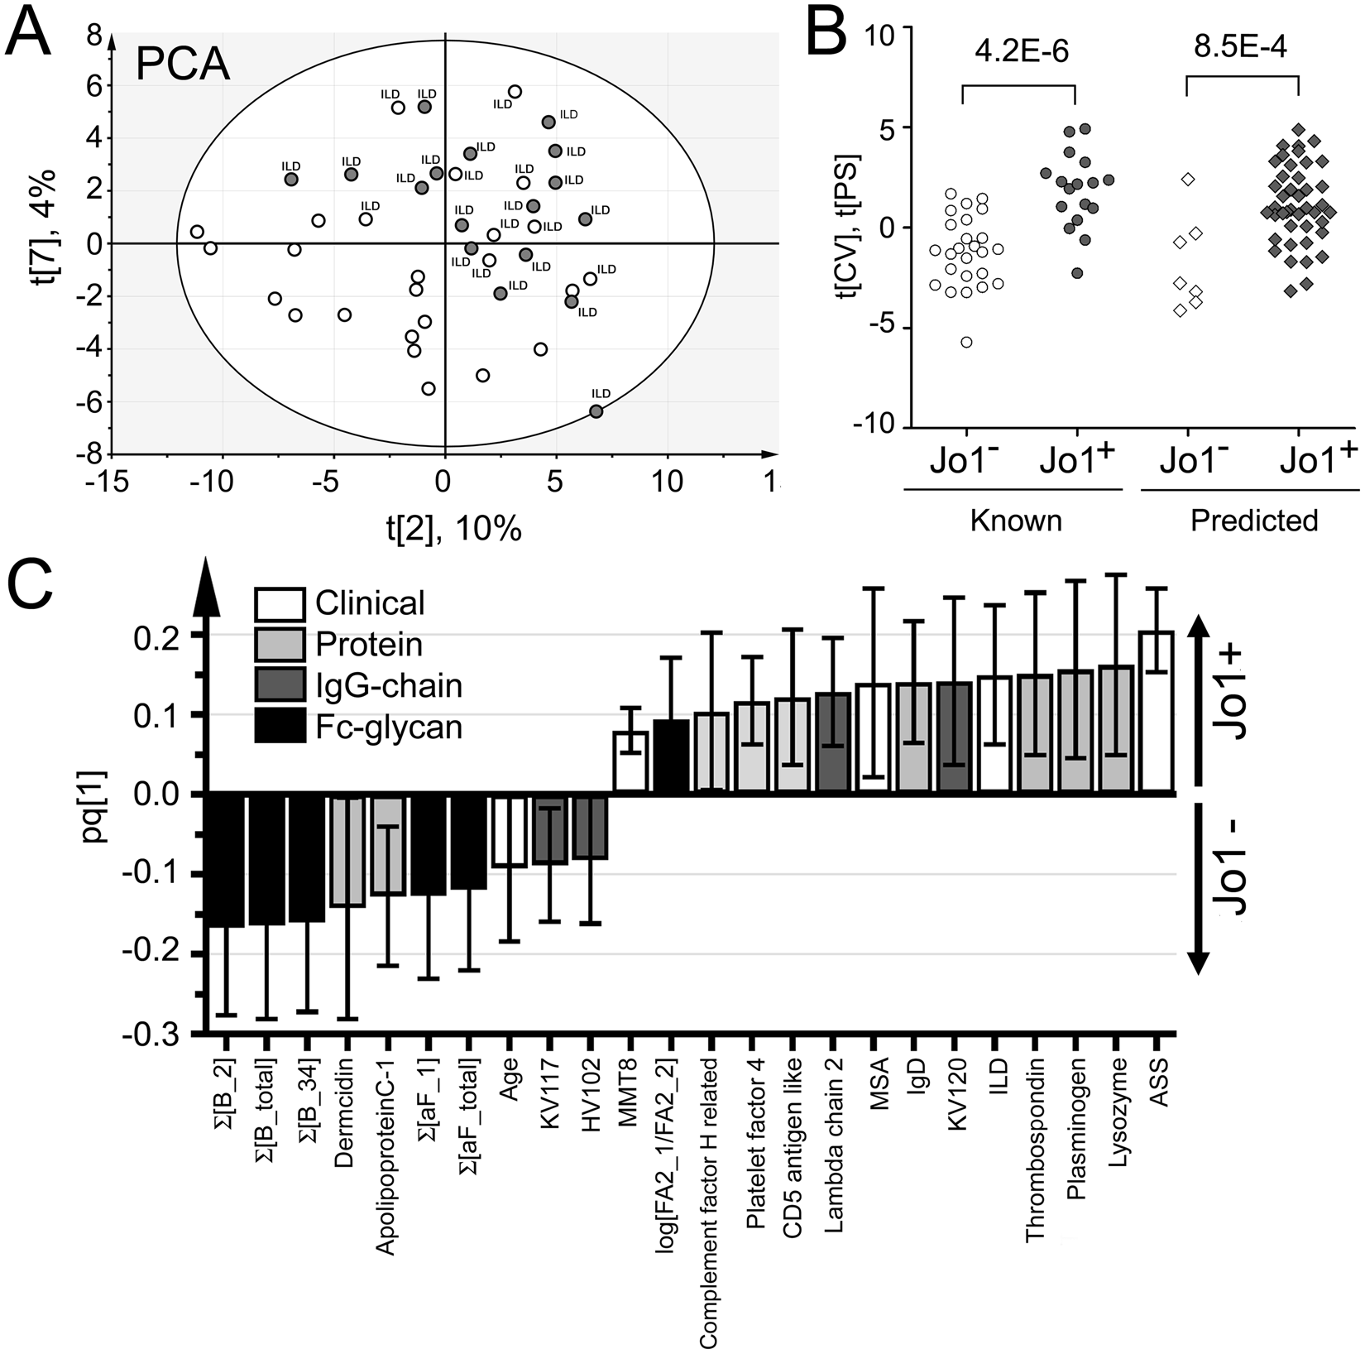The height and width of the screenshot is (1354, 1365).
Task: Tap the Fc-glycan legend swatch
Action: coord(280,726)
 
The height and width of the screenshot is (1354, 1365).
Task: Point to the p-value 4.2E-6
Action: coord(1021,51)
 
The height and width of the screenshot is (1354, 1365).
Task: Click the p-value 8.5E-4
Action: coord(1241,45)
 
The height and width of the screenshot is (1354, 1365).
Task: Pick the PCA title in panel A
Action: coord(183,64)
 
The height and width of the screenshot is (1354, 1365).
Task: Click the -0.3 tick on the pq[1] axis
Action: coord(156,1033)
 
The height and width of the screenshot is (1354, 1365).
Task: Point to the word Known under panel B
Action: coord(1015,521)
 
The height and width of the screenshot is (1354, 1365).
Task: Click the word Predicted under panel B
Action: coord(1253,521)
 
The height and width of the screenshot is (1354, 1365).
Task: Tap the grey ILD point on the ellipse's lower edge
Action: coord(596,411)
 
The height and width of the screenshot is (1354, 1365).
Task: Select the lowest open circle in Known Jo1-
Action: coord(966,342)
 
